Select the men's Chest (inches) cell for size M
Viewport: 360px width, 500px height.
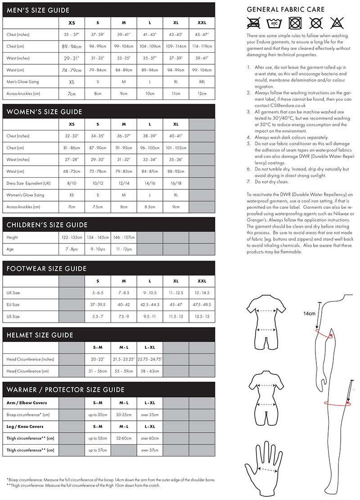coord(124,35)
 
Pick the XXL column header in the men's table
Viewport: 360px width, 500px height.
coord(202,23)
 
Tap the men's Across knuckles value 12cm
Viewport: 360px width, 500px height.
coord(202,94)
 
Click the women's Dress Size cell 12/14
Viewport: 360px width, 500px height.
coord(124,183)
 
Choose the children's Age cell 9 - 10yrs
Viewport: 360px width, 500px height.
coord(98,249)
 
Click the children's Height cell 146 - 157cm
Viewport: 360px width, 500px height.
coord(124,237)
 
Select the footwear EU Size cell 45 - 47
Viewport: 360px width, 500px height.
coord(176,305)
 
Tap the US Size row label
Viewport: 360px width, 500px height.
coord(13,316)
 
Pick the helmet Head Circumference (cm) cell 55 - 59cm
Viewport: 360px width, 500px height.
coord(124,371)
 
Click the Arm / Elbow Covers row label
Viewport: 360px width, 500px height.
coord(27,402)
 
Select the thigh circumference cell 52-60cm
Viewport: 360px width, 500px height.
coord(124,438)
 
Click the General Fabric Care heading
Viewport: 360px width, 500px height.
coord(286,9)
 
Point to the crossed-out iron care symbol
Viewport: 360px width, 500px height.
coord(337,23)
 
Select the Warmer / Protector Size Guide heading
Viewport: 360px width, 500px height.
coord(65,390)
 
